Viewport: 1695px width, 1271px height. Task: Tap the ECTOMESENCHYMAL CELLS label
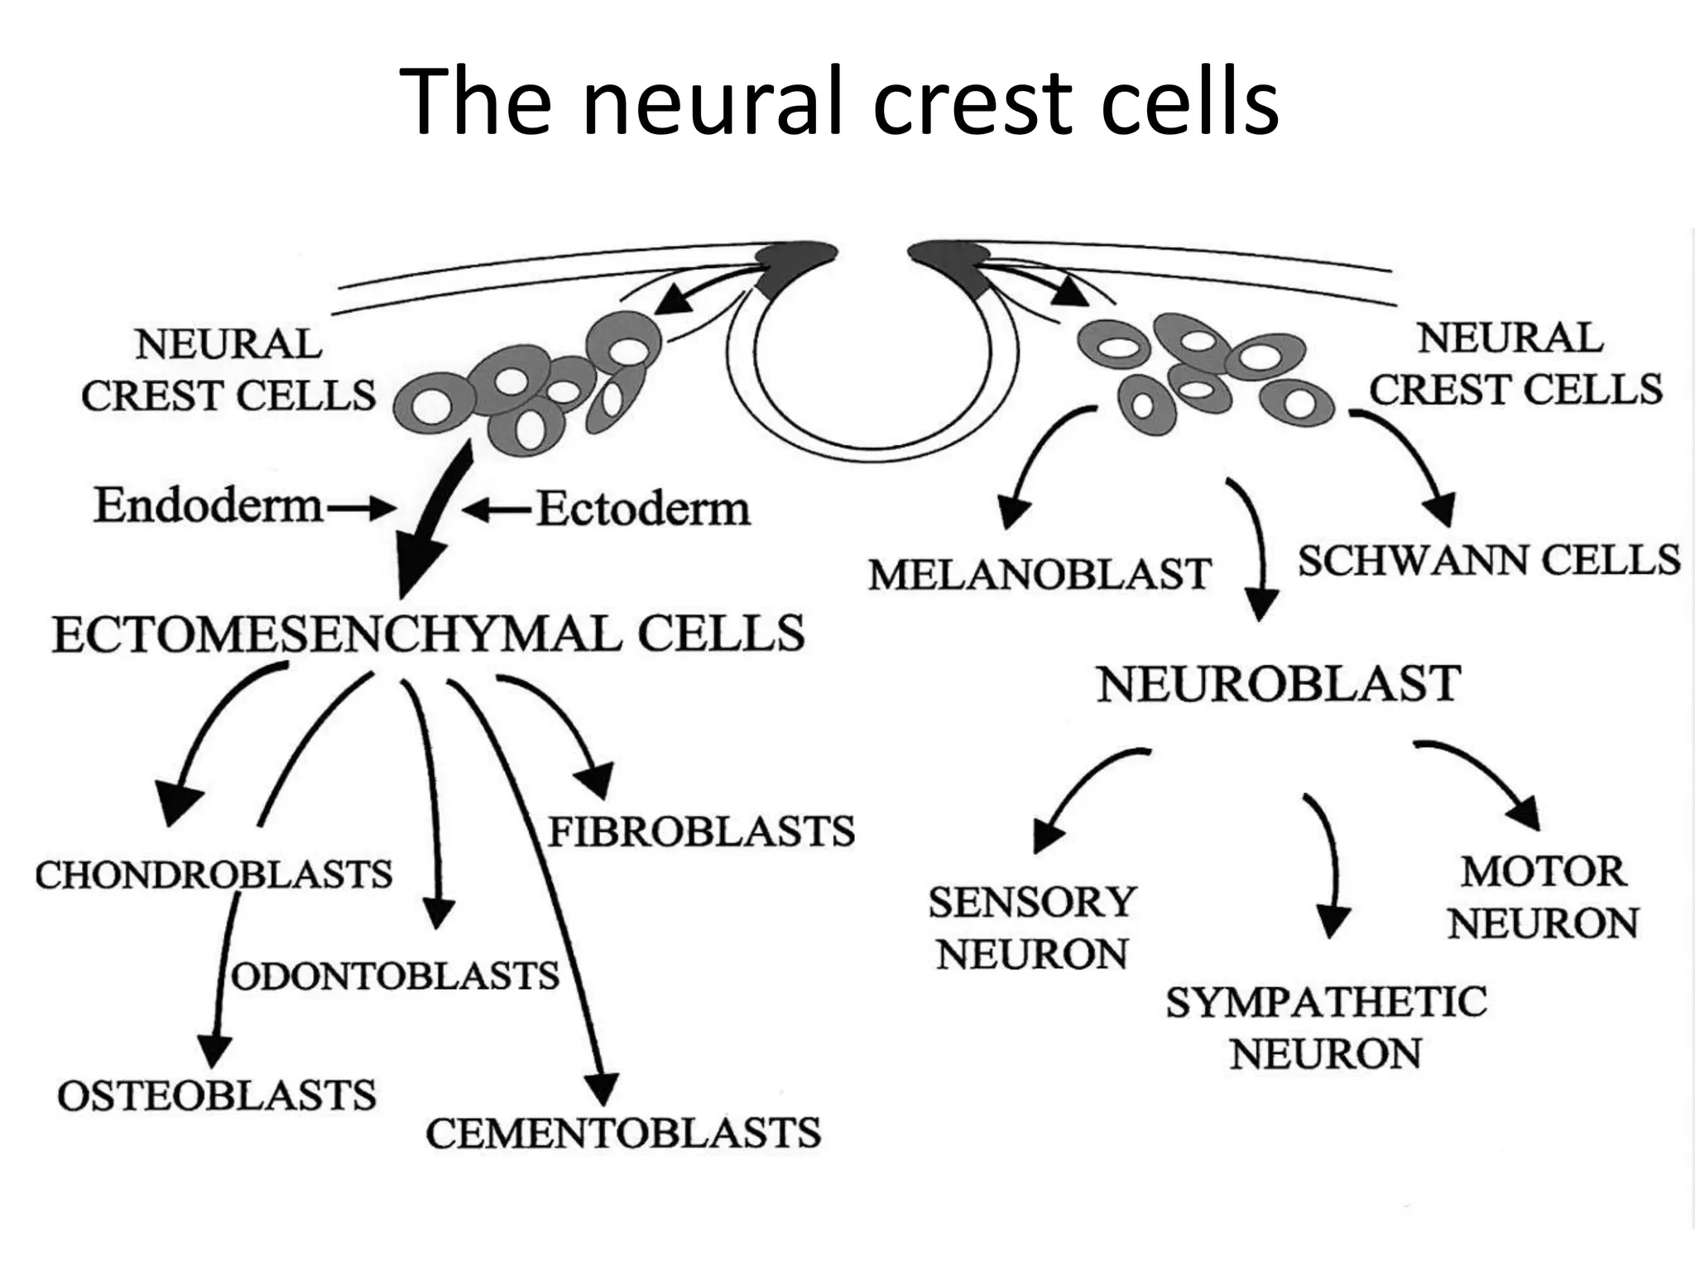(428, 635)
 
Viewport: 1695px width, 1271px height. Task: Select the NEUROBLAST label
(1278, 685)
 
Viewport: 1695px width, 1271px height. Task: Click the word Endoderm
(208, 506)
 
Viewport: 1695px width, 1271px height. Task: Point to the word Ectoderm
(644, 509)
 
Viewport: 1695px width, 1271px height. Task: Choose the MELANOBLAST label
(1040, 574)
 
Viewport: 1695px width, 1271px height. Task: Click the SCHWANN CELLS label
(1488, 561)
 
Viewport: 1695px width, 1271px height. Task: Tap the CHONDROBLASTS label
(214, 875)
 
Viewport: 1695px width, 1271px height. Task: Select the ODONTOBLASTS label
(396, 976)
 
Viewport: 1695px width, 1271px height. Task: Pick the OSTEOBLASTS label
(217, 1096)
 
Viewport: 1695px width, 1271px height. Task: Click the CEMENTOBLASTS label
(623, 1133)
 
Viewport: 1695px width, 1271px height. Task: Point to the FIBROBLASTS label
(701, 832)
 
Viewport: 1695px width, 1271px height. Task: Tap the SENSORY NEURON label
(1031, 928)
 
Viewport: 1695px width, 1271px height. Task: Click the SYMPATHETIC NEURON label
(1326, 1028)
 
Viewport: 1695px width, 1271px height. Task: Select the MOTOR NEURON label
(1543, 898)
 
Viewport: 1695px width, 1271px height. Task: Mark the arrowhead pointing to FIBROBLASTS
(596, 779)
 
